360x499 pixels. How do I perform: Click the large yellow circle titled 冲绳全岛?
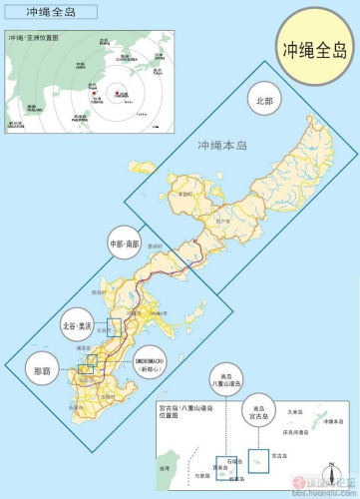[x=315, y=48]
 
